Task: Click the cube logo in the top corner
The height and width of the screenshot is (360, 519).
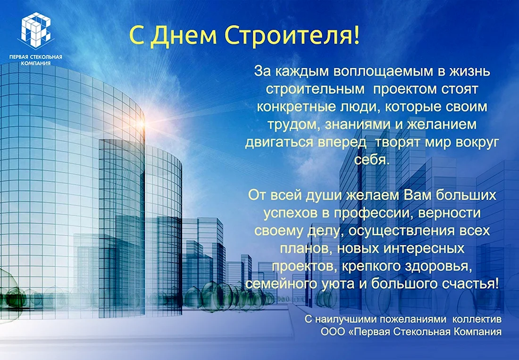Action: [36, 31]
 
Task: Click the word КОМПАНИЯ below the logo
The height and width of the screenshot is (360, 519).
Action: [36, 63]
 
